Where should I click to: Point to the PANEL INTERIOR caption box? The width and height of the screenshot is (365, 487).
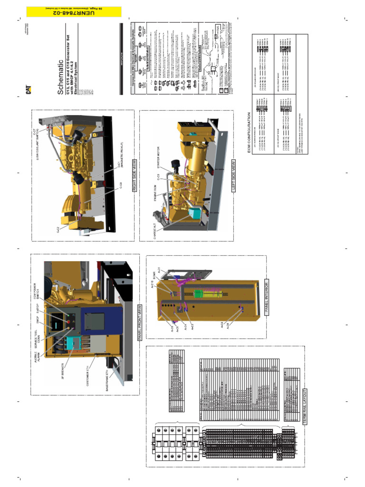266,314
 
